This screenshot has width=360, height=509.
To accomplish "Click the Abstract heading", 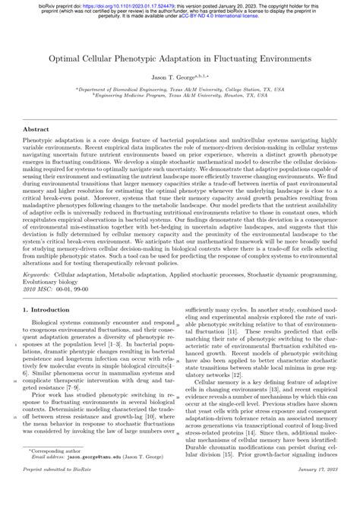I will point(37,130).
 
